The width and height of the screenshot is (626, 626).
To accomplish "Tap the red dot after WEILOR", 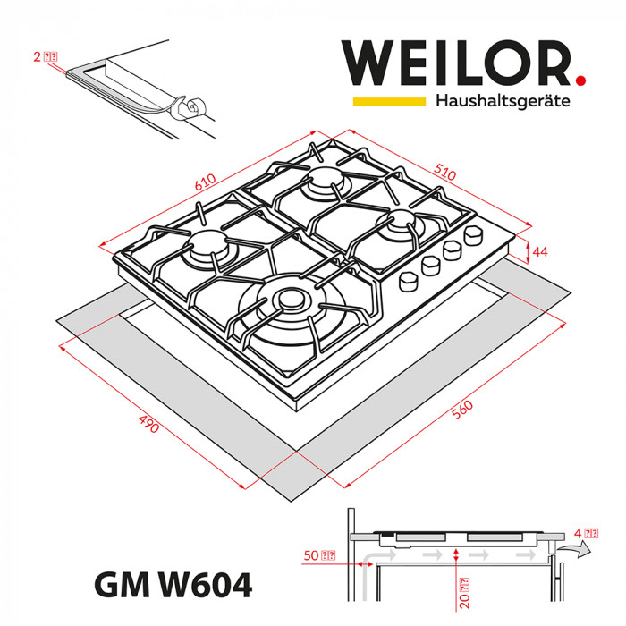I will click(580, 80).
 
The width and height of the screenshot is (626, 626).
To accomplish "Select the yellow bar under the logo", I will click(388, 102).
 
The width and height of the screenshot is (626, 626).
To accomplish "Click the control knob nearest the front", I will click(410, 280).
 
